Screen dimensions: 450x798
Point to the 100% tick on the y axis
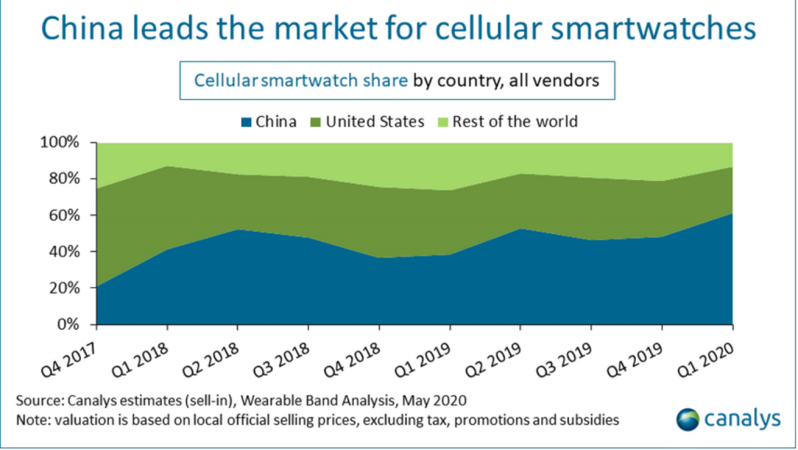[x=63, y=143]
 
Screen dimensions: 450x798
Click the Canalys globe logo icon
[x=689, y=419]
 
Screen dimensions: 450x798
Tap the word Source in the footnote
[x=37, y=402]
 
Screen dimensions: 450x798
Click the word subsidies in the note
[x=590, y=420]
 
